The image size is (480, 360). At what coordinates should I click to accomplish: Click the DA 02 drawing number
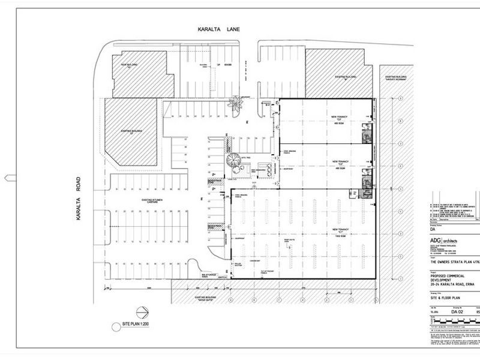pyautogui.click(x=458, y=312)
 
